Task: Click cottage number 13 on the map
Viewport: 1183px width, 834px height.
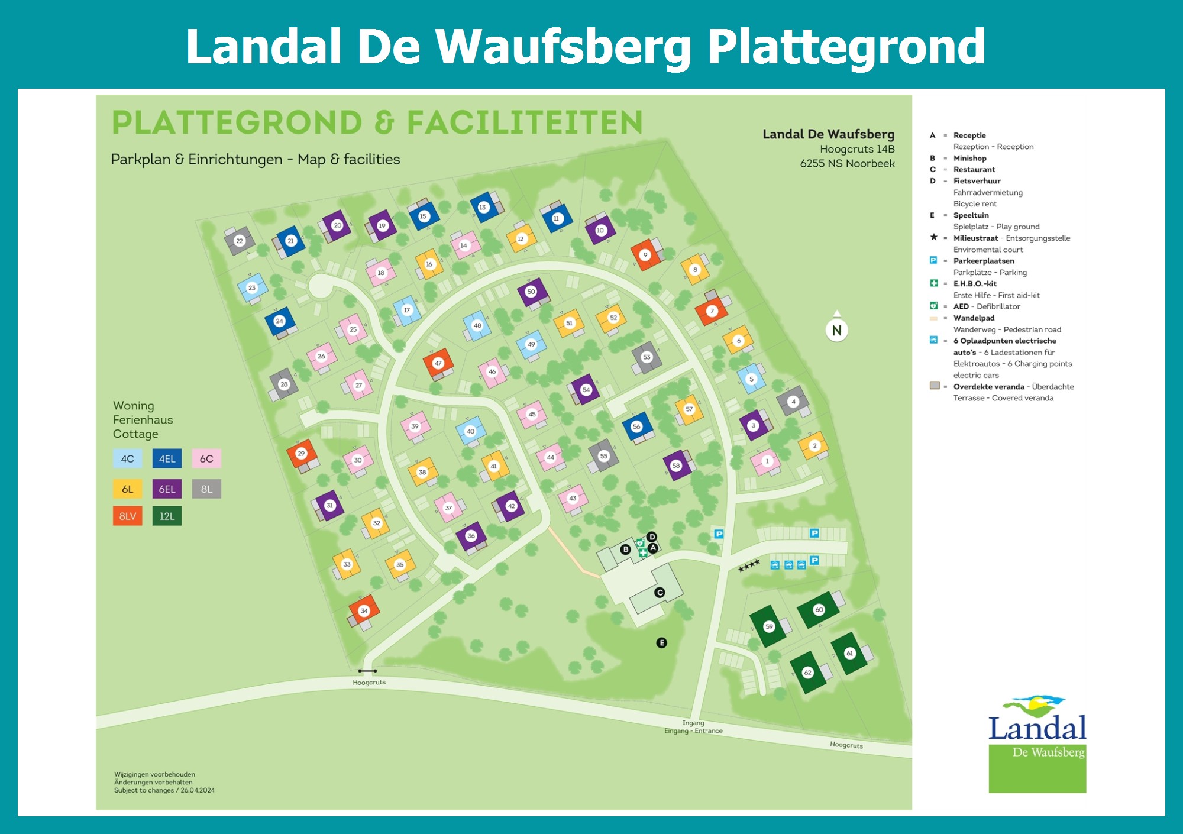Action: (x=483, y=207)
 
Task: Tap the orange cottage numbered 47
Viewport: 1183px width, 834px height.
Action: (x=438, y=363)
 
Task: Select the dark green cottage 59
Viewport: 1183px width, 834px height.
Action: (x=768, y=626)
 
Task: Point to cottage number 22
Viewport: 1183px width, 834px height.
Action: (x=240, y=241)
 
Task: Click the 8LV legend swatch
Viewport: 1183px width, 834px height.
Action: (x=128, y=516)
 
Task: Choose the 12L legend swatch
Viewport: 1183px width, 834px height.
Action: (x=167, y=516)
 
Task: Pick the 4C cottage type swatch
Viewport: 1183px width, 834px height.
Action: (x=128, y=458)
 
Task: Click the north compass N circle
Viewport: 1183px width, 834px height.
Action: (x=836, y=330)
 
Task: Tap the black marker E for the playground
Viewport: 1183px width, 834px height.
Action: (x=661, y=642)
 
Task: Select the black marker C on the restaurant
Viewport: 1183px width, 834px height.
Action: (x=660, y=592)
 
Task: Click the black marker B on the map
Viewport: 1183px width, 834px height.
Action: (x=625, y=549)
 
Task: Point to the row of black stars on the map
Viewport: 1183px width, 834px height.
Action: (x=749, y=566)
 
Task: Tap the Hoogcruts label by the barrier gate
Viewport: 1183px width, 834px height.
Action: (x=369, y=682)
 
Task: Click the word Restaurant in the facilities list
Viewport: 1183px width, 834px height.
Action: (x=974, y=169)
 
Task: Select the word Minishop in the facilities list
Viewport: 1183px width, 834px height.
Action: (x=969, y=158)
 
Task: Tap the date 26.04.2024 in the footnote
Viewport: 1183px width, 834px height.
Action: (x=198, y=790)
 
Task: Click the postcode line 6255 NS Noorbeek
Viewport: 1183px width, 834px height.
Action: (x=847, y=163)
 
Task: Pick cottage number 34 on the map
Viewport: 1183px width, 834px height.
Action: (x=364, y=610)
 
